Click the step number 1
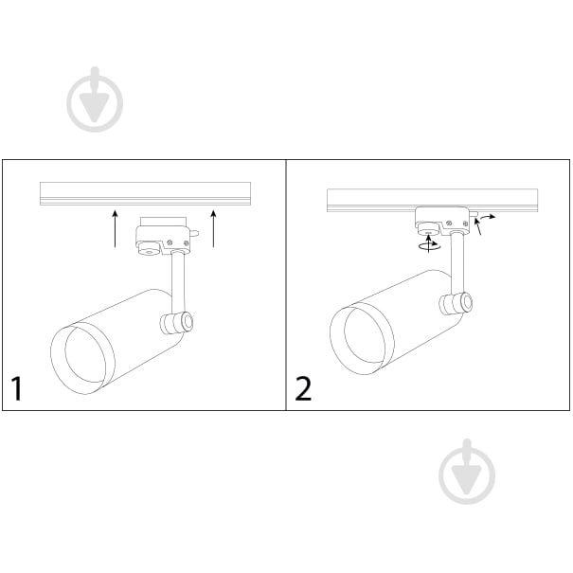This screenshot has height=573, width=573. [x=17, y=388]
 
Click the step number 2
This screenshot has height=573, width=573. [x=303, y=389]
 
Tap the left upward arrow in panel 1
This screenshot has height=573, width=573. [x=116, y=229]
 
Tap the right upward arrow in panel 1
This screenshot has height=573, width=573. [x=214, y=229]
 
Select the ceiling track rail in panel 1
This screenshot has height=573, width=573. [x=146, y=193]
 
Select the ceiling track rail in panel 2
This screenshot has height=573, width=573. [x=432, y=200]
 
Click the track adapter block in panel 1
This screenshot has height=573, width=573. [x=163, y=240]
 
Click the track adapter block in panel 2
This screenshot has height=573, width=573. [x=442, y=221]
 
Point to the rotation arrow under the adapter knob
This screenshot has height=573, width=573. [x=430, y=244]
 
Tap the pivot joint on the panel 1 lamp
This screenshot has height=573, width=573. [x=177, y=323]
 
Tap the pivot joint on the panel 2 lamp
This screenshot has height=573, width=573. [x=456, y=304]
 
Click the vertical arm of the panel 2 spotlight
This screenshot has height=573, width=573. [x=457, y=264]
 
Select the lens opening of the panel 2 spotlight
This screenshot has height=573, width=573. [x=363, y=341]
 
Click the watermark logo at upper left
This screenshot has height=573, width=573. [x=95, y=99]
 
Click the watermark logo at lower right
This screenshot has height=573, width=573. [x=467, y=472]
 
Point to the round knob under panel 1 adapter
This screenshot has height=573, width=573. [x=150, y=251]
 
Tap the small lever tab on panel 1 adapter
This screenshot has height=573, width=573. [x=194, y=232]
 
